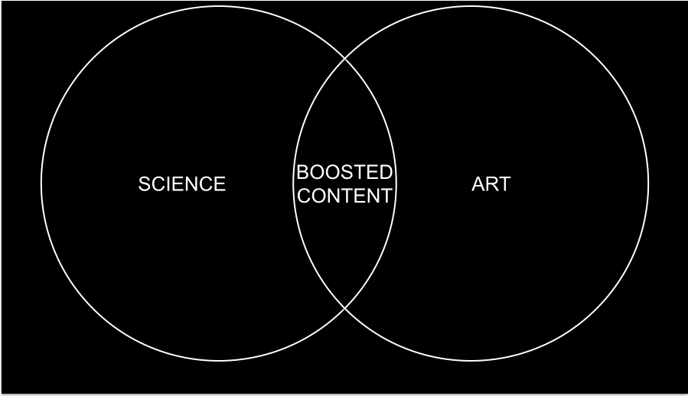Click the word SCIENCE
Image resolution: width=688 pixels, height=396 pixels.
(182, 184)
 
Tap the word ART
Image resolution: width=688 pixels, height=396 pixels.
(491, 184)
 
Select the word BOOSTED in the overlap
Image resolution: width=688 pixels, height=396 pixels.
(344, 172)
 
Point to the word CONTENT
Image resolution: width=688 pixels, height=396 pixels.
(344, 196)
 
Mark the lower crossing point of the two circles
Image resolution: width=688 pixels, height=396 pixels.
(344, 309)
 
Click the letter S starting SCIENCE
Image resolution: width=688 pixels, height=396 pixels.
(144, 184)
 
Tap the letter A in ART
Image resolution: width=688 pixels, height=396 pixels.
(478, 184)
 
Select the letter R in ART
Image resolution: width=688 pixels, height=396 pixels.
(491, 184)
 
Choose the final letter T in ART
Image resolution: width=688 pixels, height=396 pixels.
(504, 184)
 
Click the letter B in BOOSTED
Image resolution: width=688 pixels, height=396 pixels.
(302, 172)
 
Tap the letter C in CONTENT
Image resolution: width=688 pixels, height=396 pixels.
(304, 196)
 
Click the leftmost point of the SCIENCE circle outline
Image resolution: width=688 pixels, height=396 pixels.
(41, 183)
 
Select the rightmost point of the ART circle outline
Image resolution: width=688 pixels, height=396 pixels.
(648, 183)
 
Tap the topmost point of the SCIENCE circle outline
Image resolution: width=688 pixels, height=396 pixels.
(218, 7)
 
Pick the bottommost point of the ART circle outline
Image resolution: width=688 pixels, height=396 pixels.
(471, 360)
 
